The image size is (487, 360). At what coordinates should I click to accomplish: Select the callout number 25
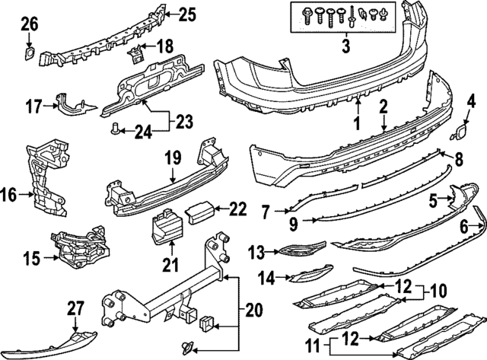coord(186,14)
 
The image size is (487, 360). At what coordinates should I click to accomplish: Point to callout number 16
coord(8,195)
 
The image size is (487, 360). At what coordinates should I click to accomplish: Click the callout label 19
coord(171,160)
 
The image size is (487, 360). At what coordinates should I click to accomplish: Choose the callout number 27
coord(74,307)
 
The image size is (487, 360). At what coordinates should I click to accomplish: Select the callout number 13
coord(256,250)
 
